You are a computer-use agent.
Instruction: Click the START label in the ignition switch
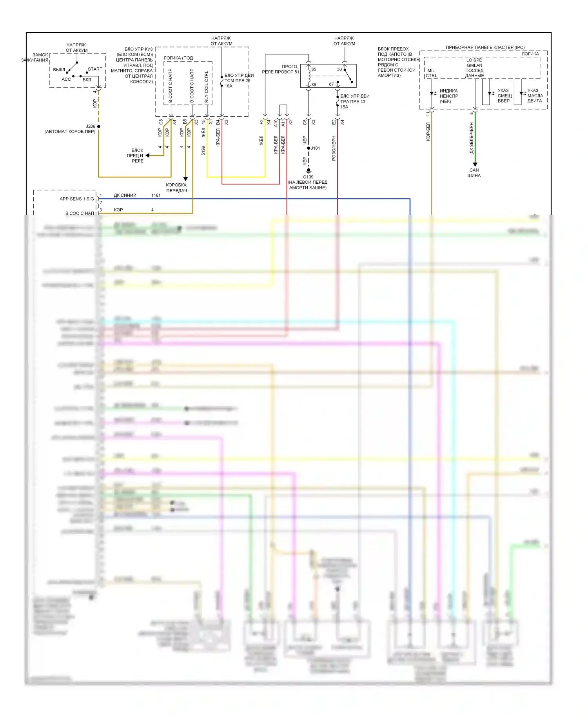tap(95, 69)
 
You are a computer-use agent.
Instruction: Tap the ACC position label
tap(66, 80)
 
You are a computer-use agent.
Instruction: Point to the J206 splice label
tap(91, 127)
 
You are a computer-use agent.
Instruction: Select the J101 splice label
tap(316, 148)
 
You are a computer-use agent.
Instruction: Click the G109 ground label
tap(308, 177)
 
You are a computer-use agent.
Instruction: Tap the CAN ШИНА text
tap(474, 173)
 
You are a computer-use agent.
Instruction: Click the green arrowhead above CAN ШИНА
tap(475, 165)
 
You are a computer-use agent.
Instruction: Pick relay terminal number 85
tap(314, 70)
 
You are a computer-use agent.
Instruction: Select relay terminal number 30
tap(339, 70)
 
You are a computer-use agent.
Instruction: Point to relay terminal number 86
tap(314, 85)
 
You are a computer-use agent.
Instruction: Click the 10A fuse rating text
tap(229, 86)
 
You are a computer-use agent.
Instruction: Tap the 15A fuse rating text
tap(344, 107)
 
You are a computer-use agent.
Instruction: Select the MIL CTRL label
tap(431, 73)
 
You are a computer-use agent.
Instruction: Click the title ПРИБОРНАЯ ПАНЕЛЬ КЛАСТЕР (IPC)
tap(485, 47)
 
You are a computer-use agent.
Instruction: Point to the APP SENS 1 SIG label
tap(77, 199)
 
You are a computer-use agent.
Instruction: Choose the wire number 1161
tap(156, 195)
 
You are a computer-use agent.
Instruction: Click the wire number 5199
tap(203, 150)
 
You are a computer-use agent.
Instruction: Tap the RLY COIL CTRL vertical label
tap(207, 87)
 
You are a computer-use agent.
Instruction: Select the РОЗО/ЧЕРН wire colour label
tap(334, 148)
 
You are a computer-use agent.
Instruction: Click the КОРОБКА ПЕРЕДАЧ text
tap(176, 188)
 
